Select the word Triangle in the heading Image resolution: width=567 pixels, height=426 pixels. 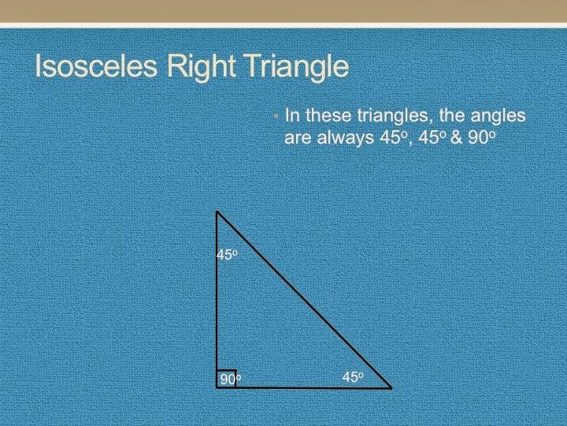coord(296,68)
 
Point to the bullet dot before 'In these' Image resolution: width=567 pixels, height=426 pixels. coord(276,117)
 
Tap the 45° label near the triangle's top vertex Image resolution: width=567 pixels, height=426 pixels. coord(227,256)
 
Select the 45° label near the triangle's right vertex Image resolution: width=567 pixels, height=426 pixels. coord(353,378)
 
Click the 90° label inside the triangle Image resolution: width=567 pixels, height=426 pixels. coord(230,380)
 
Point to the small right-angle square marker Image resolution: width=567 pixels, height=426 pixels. coord(227,379)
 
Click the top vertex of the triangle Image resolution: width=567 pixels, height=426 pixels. coord(217,211)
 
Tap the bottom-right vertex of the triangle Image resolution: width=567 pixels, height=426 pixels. coord(391,388)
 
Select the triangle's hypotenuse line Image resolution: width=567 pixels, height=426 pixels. coord(304,300)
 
